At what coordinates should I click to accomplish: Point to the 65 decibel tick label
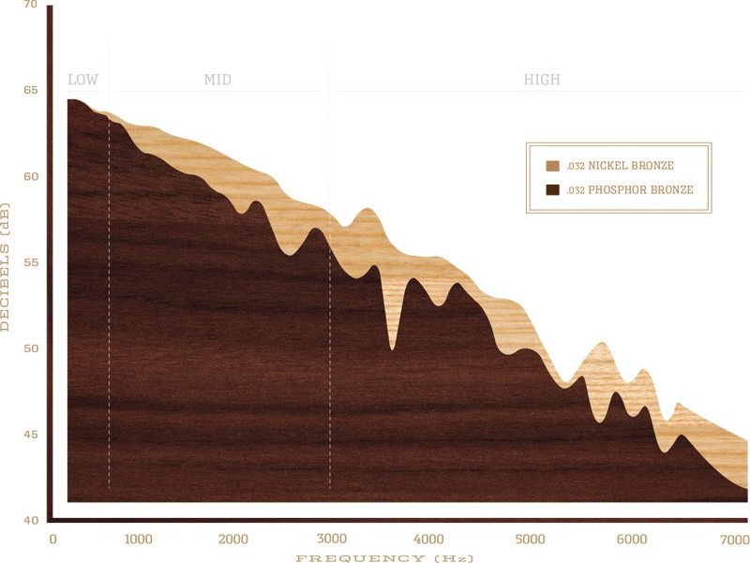pyautogui.click(x=30, y=92)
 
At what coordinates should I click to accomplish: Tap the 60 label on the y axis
pyautogui.click(x=30, y=177)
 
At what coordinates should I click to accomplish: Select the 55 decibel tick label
pyautogui.click(x=30, y=263)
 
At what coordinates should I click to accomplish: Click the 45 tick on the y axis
pyautogui.click(x=30, y=435)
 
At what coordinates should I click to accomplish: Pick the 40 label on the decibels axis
pyautogui.click(x=30, y=520)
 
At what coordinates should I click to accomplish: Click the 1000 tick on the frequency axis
pyautogui.click(x=138, y=540)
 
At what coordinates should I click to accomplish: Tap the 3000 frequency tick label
pyautogui.click(x=331, y=540)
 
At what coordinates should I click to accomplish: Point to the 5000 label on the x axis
pyautogui.click(x=530, y=540)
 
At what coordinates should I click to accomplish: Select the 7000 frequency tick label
pyautogui.click(x=733, y=540)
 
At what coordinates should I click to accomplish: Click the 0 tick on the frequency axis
pyautogui.click(x=53, y=540)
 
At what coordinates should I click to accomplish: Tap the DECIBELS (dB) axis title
pyautogui.click(x=8, y=264)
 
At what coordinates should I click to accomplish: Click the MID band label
pyautogui.click(x=217, y=80)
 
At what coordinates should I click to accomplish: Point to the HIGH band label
pyautogui.click(x=542, y=80)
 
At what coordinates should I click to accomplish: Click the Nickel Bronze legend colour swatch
pyautogui.click(x=552, y=166)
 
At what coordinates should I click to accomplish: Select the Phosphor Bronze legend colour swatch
pyautogui.click(x=552, y=190)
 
